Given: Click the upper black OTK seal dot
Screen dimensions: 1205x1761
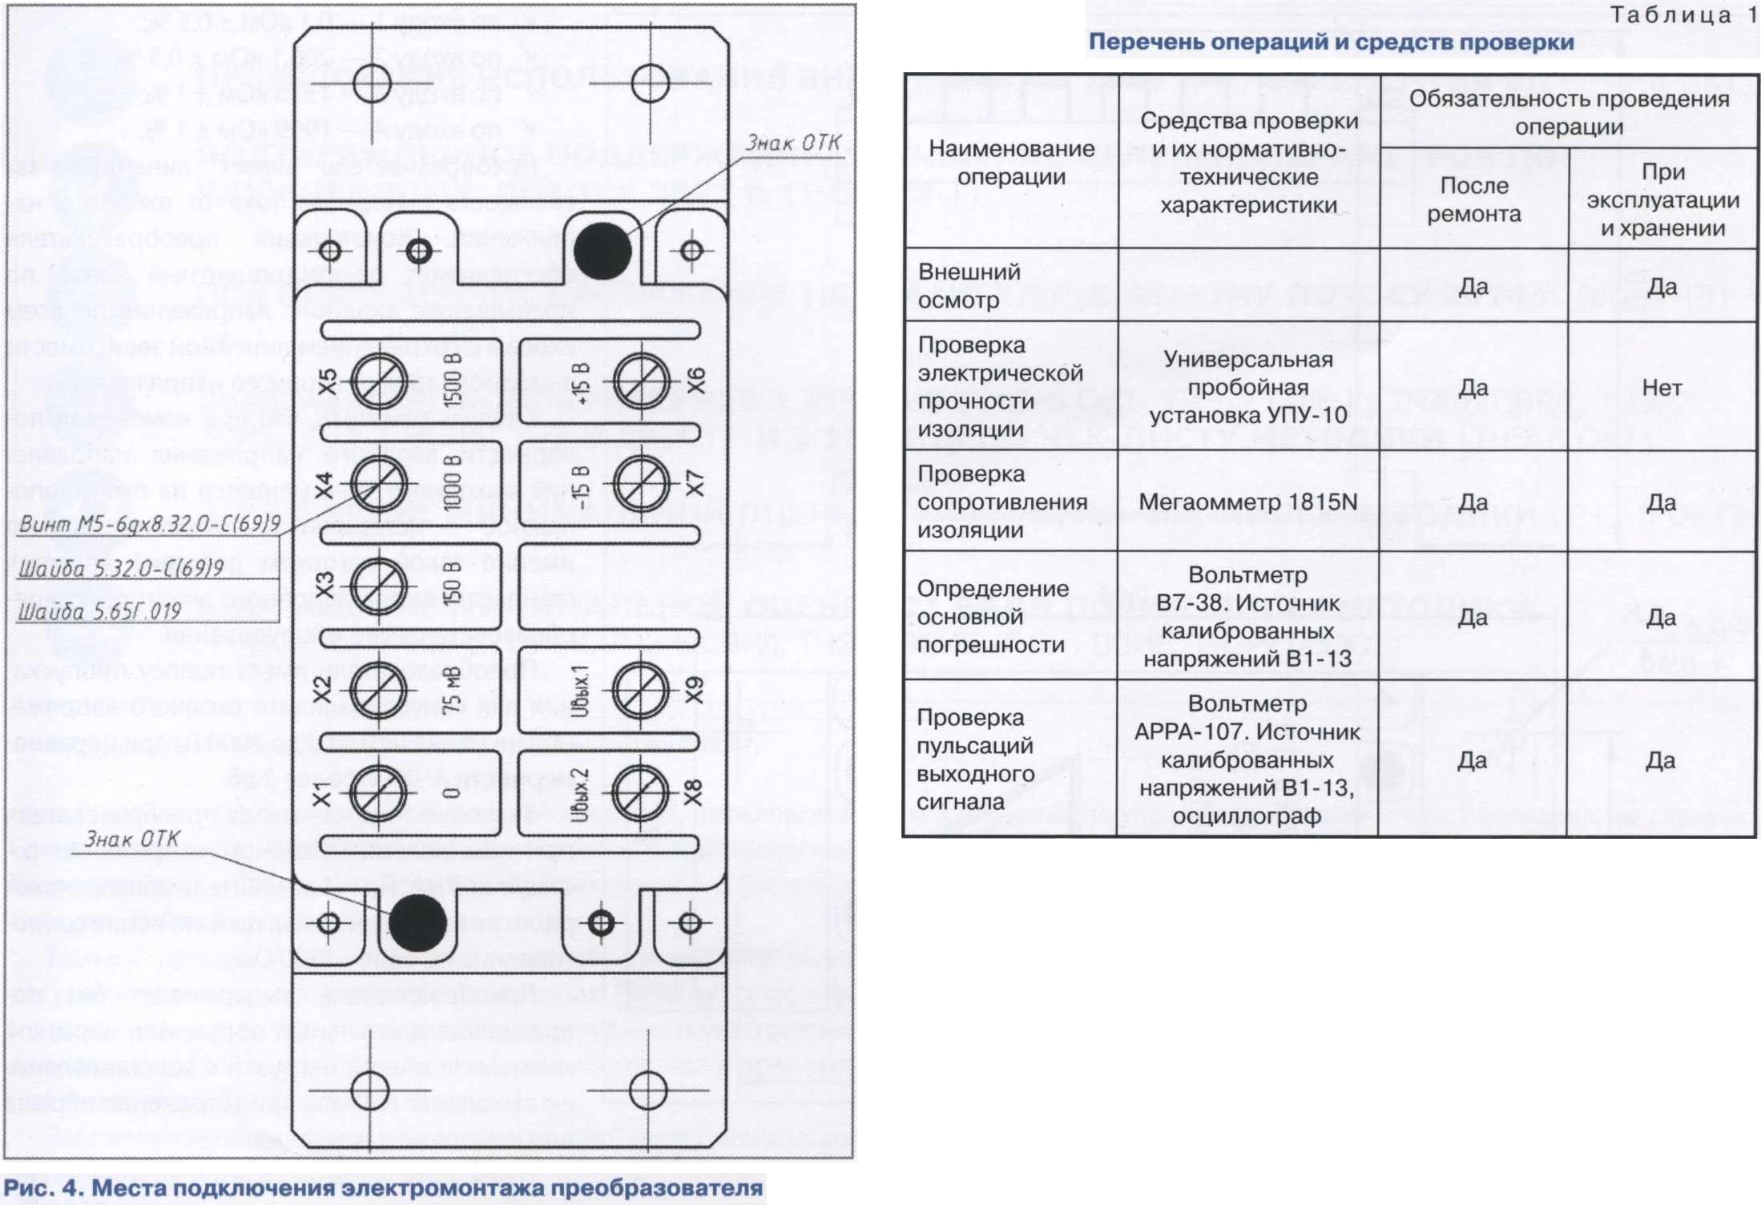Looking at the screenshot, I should (602, 251).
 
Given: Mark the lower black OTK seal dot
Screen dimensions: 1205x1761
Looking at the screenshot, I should (417, 923).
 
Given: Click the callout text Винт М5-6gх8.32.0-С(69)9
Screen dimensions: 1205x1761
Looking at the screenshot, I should (149, 524).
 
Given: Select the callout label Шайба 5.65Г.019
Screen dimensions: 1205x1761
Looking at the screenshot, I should (99, 612).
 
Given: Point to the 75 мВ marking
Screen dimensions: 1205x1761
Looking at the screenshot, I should (453, 691).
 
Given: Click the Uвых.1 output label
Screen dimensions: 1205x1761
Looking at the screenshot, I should (581, 689).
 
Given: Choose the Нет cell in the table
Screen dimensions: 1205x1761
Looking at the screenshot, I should (1662, 388).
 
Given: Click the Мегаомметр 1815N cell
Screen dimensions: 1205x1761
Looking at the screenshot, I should (1248, 502).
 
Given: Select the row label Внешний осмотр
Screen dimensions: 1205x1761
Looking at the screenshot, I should (969, 285).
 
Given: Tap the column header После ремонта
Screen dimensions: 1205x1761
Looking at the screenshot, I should (1473, 199).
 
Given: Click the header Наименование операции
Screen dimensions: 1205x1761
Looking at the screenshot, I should (1011, 162).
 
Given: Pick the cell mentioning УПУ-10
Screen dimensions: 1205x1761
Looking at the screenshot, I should (1248, 388).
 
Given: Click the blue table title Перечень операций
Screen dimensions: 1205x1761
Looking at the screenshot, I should (1331, 42).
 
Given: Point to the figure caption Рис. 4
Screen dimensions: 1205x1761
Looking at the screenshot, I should (383, 1187).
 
